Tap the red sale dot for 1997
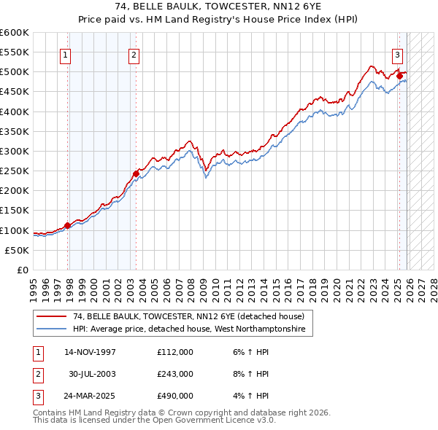click(67, 225)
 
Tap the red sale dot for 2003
click(136, 173)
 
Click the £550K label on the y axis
click(15, 52)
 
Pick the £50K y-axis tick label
click(18, 250)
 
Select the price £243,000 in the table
click(175, 374)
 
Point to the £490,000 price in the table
click(175, 396)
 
